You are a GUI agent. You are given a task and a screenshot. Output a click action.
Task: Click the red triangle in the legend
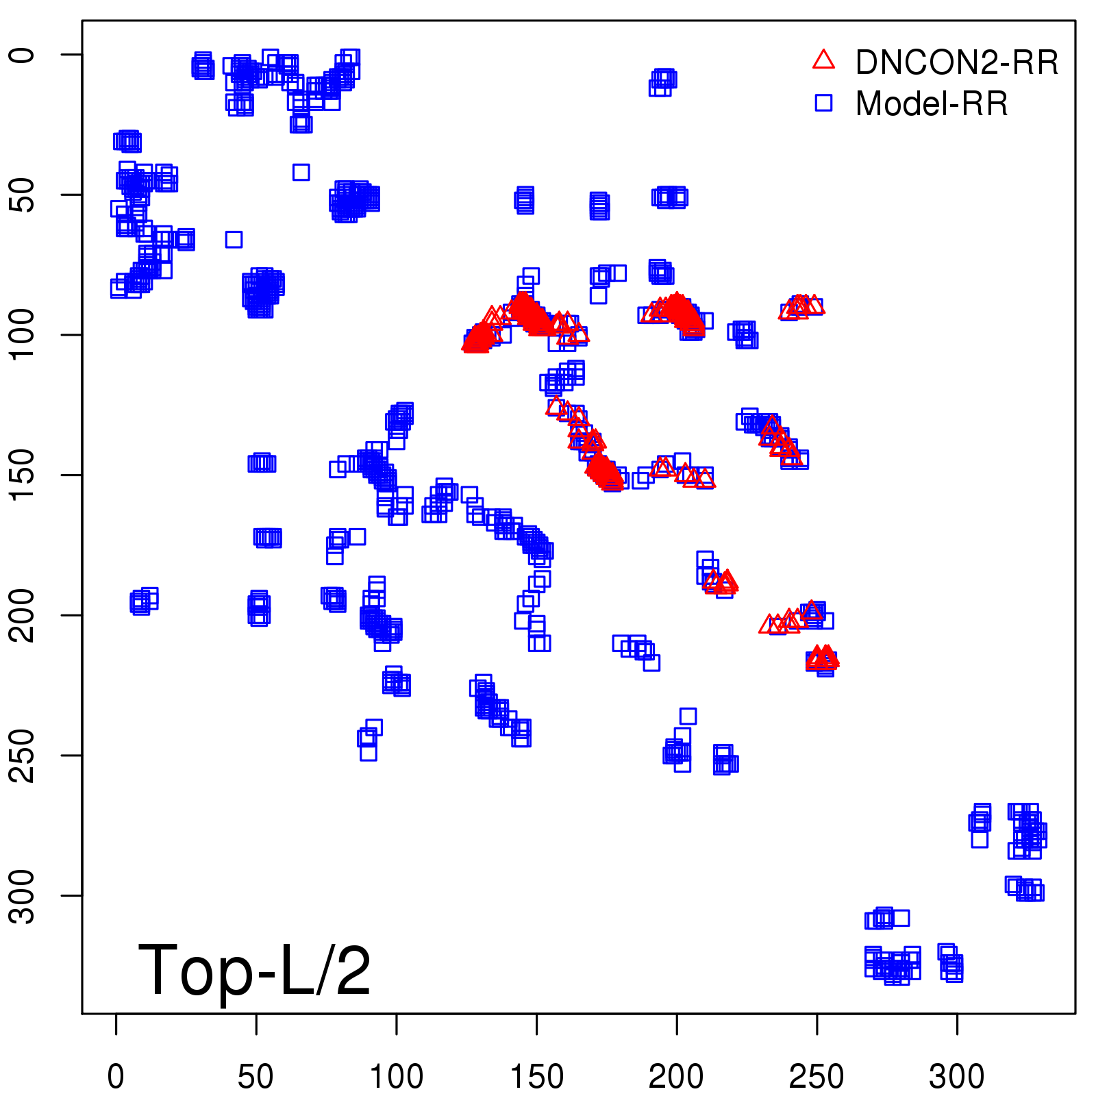(x=823, y=60)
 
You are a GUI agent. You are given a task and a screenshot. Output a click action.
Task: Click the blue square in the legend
(x=823, y=103)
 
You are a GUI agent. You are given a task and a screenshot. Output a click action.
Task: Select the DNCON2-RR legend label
(x=957, y=62)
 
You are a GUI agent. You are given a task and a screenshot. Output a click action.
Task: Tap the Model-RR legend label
(x=932, y=104)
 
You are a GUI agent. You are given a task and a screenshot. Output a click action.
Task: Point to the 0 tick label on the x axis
(x=116, y=1077)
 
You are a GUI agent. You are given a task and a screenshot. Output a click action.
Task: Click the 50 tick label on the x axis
(x=256, y=1077)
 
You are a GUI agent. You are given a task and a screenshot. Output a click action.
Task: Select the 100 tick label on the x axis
(x=396, y=1077)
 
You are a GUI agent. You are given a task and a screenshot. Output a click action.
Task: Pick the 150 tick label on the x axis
(x=536, y=1077)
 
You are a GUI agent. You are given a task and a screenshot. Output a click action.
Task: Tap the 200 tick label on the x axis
(x=676, y=1077)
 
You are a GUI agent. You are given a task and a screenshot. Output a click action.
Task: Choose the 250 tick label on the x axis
(x=817, y=1077)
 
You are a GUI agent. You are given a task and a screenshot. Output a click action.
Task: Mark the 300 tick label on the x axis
(x=956, y=1077)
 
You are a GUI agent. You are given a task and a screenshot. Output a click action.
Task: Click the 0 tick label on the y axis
(x=23, y=55)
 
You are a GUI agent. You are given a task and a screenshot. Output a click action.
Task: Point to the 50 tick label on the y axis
(x=23, y=195)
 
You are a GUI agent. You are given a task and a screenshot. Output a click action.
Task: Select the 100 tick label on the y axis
(x=23, y=334)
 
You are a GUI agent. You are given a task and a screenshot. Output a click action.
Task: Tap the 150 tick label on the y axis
(x=23, y=475)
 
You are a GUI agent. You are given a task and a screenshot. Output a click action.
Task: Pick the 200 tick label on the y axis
(x=23, y=615)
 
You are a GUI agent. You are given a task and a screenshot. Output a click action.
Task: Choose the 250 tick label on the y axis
(x=23, y=755)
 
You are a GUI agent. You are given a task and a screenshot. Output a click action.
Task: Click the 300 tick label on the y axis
(x=23, y=895)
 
